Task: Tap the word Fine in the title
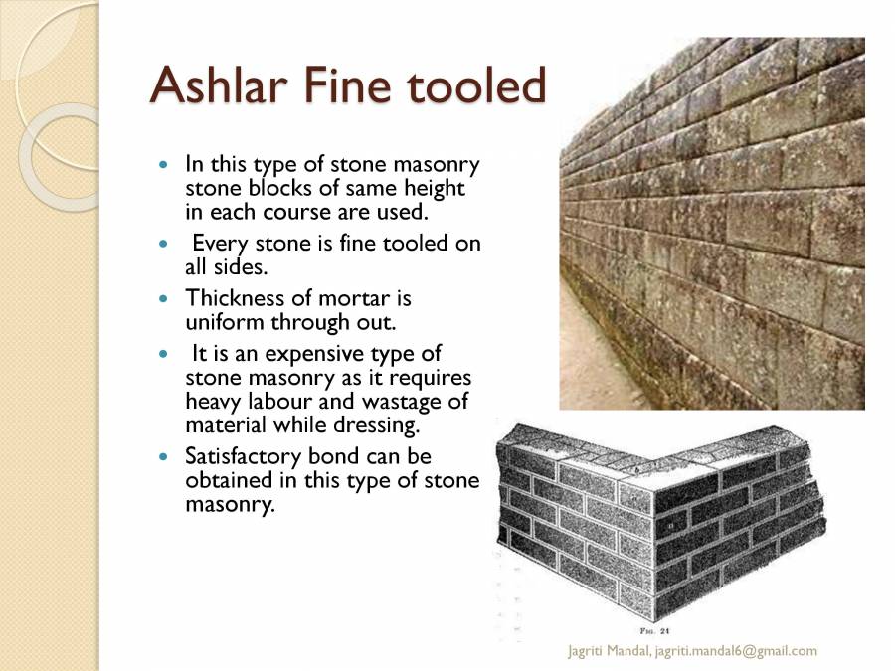[356, 86]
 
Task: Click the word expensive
[335, 353]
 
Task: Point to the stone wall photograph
[712, 224]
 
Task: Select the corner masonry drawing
[659, 522]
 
